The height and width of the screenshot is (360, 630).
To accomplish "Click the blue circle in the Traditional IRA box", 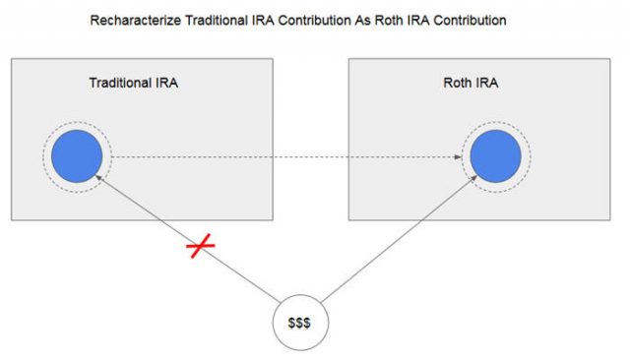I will tap(77, 157).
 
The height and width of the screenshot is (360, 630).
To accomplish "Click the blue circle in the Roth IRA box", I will tap(494, 157).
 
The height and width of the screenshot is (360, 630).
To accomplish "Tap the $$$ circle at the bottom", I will tap(299, 323).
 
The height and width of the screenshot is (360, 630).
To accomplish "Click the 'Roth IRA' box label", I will tap(471, 83).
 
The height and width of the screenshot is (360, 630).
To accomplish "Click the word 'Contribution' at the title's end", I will tap(473, 20).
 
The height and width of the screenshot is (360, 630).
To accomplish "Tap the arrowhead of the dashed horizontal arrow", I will tap(461, 157).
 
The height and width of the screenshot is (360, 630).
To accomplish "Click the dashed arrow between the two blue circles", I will tap(285, 157).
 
